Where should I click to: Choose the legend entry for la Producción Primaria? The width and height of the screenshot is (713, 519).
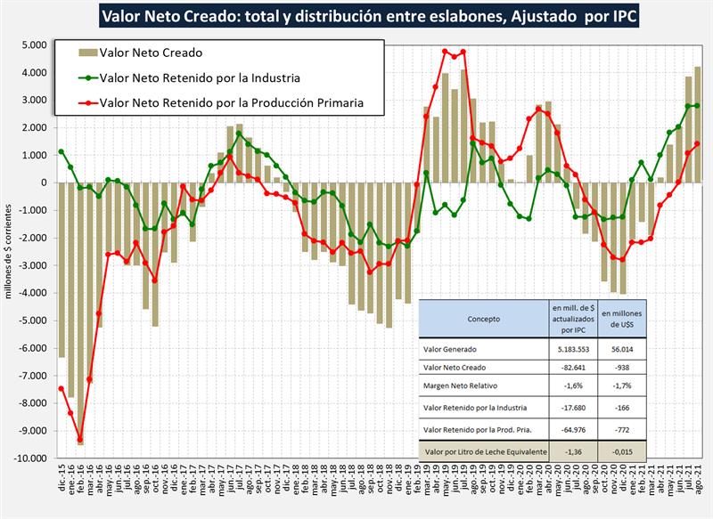pyautogui.click(x=230, y=101)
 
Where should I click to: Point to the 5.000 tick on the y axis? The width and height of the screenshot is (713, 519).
pyautogui.click(x=33, y=45)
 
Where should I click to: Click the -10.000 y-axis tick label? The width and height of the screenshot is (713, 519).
pyautogui.click(x=29, y=458)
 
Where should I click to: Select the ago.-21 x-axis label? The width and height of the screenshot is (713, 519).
pyautogui.click(x=697, y=485)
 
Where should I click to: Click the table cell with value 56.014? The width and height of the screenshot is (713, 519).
pyautogui.click(x=624, y=350)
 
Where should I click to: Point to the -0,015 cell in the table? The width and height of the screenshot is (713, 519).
pyautogui.click(x=624, y=451)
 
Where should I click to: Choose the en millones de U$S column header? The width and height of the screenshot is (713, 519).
pyautogui.click(x=624, y=318)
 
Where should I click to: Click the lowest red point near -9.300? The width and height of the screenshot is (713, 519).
pyautogui.click(x=80, y=440)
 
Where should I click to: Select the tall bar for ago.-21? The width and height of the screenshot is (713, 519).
pyautogui.click(x=697, y=125)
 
